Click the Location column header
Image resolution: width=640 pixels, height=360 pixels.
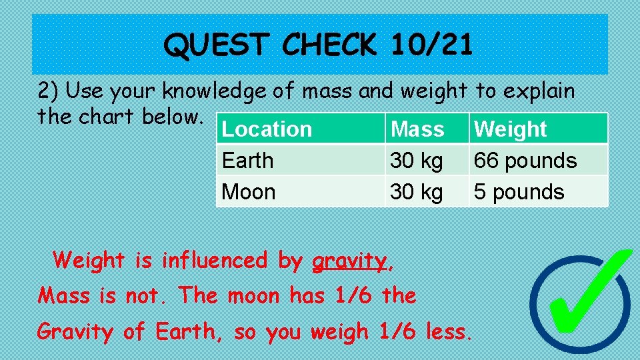click(x=267, y=129)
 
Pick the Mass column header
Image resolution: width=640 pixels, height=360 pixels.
click(x=417, y=129)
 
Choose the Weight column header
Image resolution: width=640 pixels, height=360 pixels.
click(x=510, y=129)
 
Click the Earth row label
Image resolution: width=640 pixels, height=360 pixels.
click(x=247, y=161)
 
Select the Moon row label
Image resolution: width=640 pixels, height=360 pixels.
click(x=248, y=192)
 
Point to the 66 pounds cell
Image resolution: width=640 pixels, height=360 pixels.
click(x=525, y=161)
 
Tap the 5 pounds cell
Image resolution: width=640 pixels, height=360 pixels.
click(x=519, y=192)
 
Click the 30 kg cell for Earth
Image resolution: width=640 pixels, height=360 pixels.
click(x=416, y=161)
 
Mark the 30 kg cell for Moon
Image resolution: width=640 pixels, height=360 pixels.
click(x=416, y=192)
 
